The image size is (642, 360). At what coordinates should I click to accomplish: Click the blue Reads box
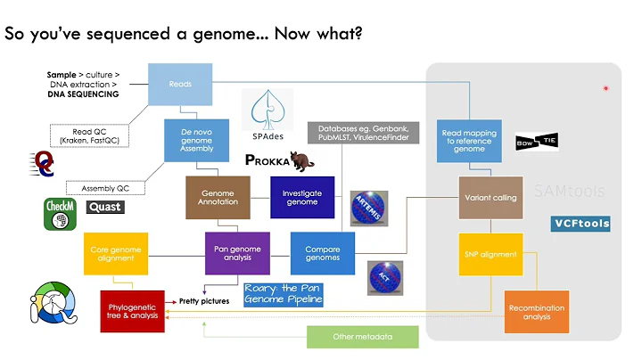(x=180, y=84)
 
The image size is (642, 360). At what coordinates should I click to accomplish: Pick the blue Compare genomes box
(x=316, y=253)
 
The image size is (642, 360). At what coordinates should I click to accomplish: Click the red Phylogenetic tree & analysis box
(x=132, y=311)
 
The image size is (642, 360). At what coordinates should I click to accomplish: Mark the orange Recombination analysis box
(x=537, y=311)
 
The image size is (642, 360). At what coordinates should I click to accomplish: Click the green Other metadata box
(x=362, y=336)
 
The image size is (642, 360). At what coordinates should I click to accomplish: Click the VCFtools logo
(x=580, y=223)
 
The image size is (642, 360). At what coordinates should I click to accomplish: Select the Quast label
(x=104, y=207)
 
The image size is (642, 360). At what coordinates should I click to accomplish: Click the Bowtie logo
(x=537, y=143)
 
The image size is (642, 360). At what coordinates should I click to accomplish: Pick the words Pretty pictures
(x=204, y=300)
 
